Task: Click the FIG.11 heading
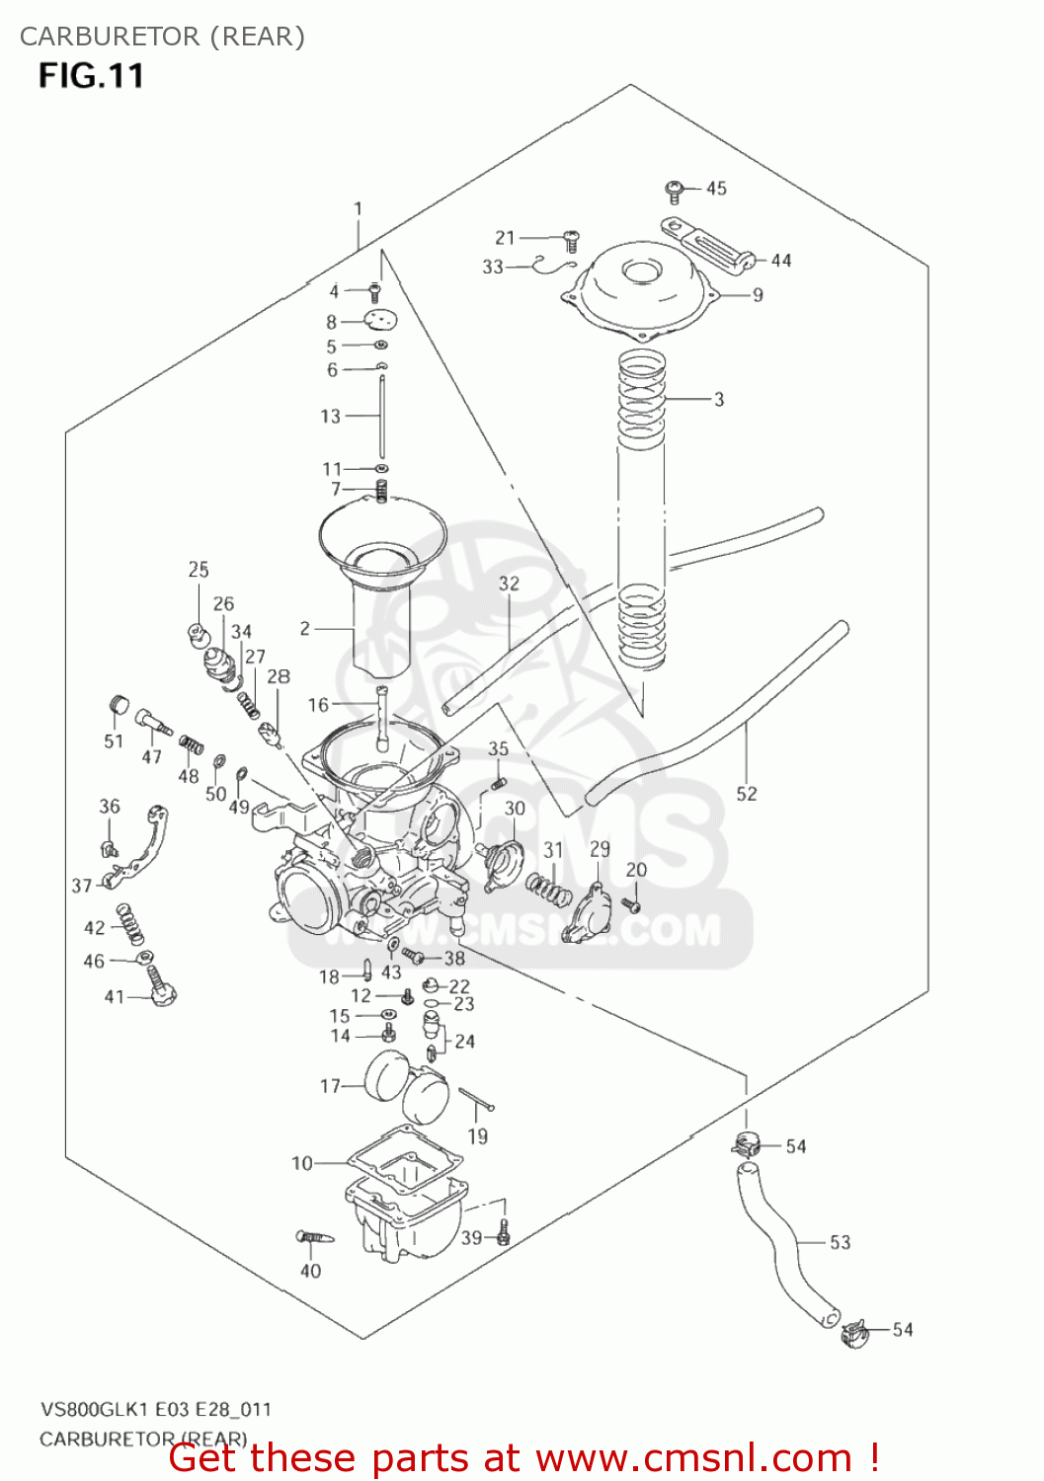[x=91, y=76]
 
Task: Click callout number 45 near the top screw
[x=716, y=188]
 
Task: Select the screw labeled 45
[x=676, y=188]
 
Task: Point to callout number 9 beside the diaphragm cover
[x=758, y=294]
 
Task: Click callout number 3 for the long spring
[x=719, y=399]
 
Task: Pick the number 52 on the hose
[x=747, y=793]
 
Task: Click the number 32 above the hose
[x=509, y=584]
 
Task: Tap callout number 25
[x=199, y=569]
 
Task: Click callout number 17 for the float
[x=330, y=1085]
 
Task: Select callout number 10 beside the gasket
[x=302, y=1163]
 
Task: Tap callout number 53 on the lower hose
[x=840, y=1242]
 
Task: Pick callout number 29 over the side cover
[x=600, y=849]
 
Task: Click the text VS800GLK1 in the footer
[x=95, y=1409]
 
